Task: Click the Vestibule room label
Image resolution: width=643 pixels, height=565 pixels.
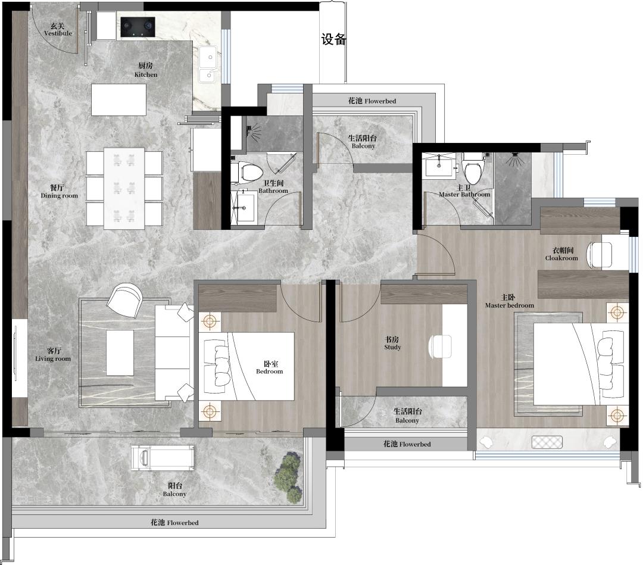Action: pyautogui.click(x=58, y=30)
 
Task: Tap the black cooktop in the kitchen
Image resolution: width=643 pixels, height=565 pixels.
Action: pyautogui.click(x=138, y=27)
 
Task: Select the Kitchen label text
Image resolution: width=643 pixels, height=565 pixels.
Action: pyautogui.click(x=146, y=70)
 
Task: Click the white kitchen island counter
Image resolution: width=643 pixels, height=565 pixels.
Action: pyautogui.click(x=118, y=99)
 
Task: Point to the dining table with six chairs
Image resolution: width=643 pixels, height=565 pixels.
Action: pyautogui.click(x=124, y=188)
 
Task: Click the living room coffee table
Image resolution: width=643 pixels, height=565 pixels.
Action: pyautogui.click(x=120, y=352)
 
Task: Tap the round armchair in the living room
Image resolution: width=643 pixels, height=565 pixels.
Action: pyautogui.click(x=124, y=299)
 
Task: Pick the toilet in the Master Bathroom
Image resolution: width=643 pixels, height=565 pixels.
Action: pyautogui.click(x=473, y=168)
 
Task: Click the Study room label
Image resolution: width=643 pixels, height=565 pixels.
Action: pyautogui.click(x=392, y=343)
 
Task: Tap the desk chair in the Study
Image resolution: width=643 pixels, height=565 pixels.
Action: pyautogui.click(x=440, y=347)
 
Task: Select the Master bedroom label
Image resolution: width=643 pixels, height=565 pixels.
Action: pyautogui.click(x=509, y=301)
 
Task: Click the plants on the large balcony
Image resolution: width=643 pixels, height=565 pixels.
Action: pyautogui.click(x=289, y=477)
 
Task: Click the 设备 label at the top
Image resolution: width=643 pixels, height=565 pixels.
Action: pyautogui.click(x=333, y=39)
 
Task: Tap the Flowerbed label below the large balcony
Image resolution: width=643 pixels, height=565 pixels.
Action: pyautogui.click(x=174, y=522)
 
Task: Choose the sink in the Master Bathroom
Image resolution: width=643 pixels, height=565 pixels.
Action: pyautogui.click(x=439, y=166)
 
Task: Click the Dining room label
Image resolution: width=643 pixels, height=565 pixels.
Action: pyautogui.click(x=58, y=192)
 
